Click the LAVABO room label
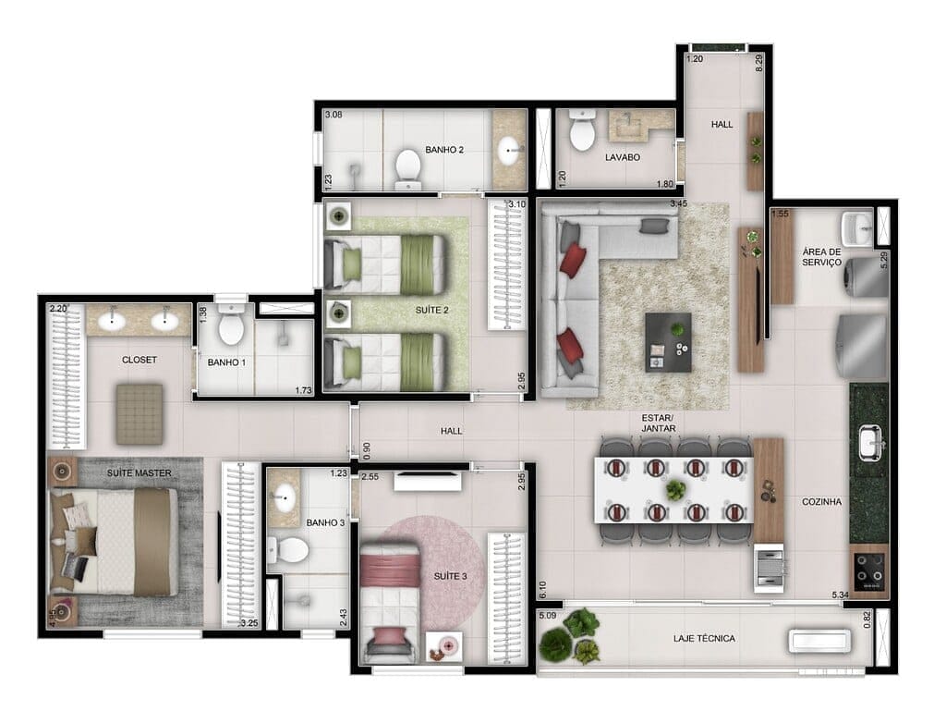[623, 157]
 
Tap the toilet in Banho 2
[406, 167]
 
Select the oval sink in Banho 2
[509, 149]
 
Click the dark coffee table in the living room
[668, 340]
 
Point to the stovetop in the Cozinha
[869, 570]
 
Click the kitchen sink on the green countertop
[869, 442]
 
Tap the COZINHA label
[822, 502]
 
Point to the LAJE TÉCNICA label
[705, 639]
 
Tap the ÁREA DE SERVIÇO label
[821, 256]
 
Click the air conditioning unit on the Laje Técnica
[819, 641]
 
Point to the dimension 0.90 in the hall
[367, 448]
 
